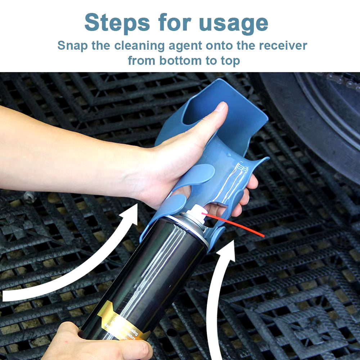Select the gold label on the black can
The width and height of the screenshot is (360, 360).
(x=122, y=320)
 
